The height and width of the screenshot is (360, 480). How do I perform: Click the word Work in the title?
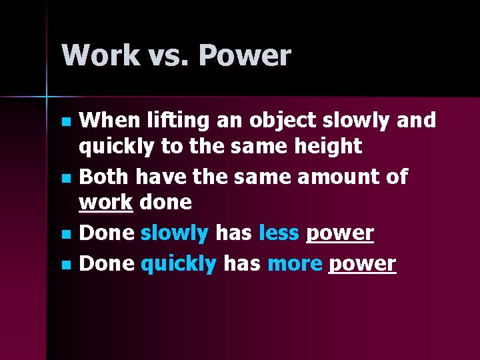91,55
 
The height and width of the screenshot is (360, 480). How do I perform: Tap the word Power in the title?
245,55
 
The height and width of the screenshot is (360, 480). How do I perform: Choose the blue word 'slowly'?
175,233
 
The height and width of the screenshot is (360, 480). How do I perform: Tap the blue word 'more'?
294,264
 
